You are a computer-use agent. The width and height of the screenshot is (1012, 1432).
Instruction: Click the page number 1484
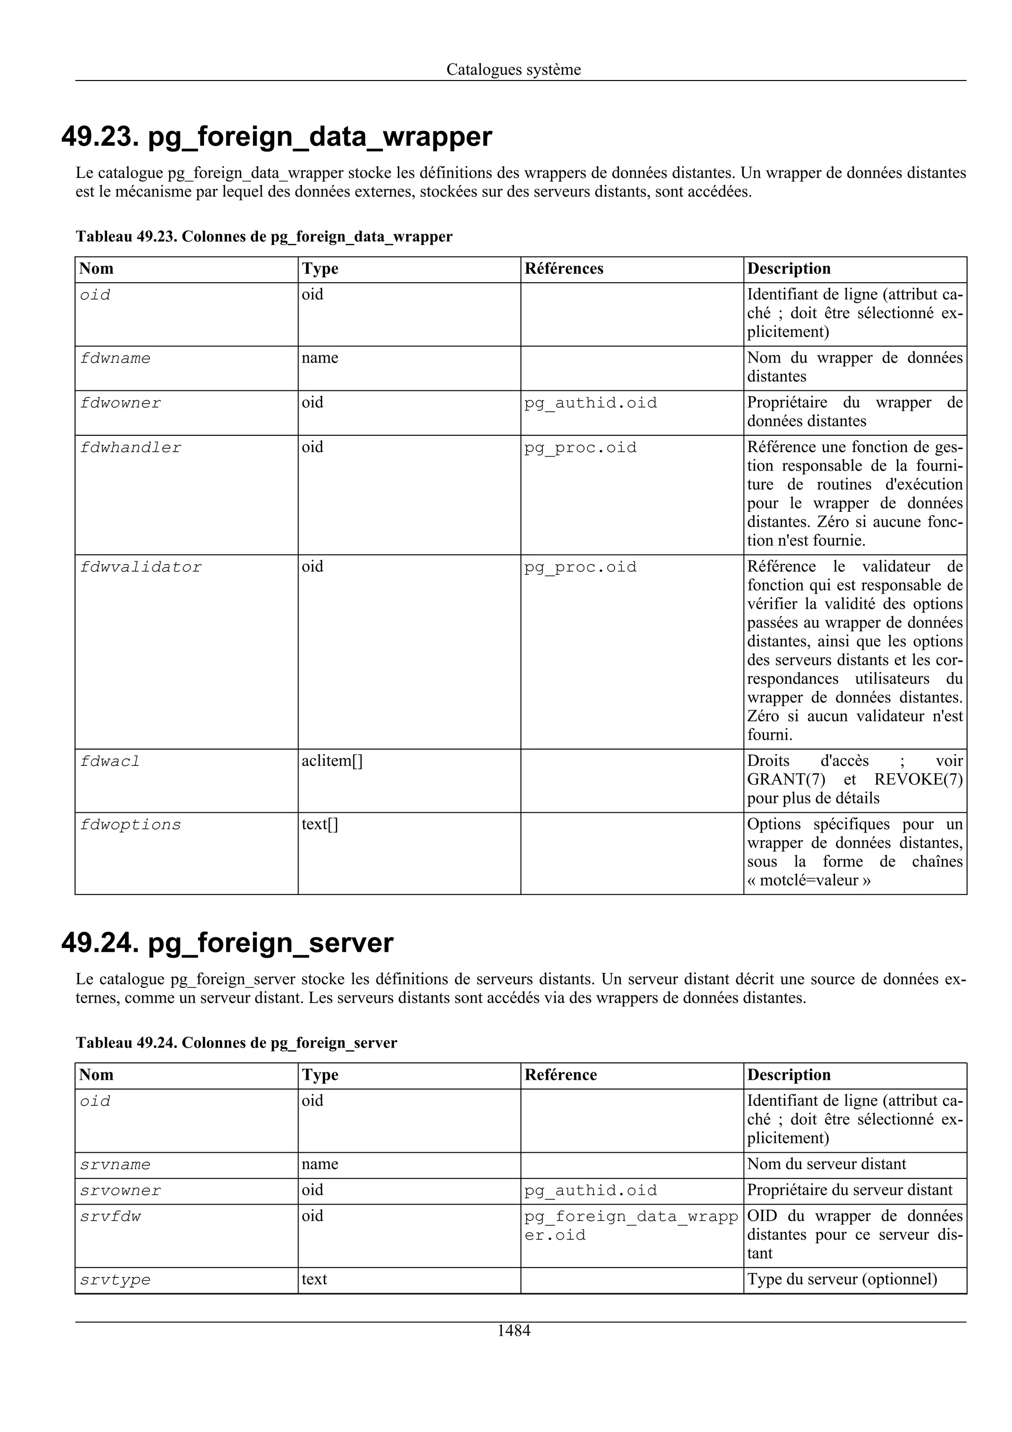tap(513, 1330)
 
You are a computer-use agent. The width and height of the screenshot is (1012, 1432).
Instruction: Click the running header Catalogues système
tap(513, 69)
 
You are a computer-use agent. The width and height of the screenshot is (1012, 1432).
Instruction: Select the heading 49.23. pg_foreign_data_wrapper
tap(276, 136)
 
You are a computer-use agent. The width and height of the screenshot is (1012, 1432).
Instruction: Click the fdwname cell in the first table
tap(115, 359)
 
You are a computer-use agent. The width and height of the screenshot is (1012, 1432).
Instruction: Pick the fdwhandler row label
tap(130, 448)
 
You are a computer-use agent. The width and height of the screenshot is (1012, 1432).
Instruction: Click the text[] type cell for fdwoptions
tap(320, 825)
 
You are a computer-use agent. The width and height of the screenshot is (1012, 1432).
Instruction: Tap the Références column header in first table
tap(564, 269)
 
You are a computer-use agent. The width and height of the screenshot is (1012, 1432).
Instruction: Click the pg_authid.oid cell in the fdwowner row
tap(590, 403)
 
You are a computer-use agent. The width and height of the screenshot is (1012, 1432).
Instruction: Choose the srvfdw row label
tap(110, 1216)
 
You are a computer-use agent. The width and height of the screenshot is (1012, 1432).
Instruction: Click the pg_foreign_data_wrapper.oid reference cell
tap(631, 1225)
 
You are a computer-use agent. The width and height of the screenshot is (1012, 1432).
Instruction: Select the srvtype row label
tap(115, 1280)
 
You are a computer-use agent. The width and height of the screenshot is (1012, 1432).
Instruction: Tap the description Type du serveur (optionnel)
tap(842, 1279)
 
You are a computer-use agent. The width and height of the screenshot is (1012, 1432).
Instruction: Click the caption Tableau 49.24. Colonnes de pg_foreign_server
tap(236, 1043)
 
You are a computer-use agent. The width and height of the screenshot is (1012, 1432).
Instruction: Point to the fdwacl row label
tap(110, 761)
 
